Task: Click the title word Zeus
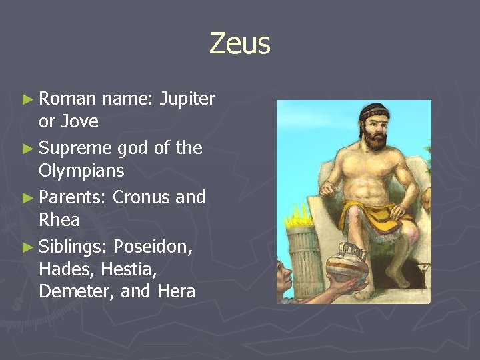coord(239,44)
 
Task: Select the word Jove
coord(79,122)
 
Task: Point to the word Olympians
coord(81,171)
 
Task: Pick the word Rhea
coord(59,220)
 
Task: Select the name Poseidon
coord(153,247)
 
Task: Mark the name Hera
coord(177,291)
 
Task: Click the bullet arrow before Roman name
coord(27,100)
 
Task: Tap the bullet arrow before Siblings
coord(27,247)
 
